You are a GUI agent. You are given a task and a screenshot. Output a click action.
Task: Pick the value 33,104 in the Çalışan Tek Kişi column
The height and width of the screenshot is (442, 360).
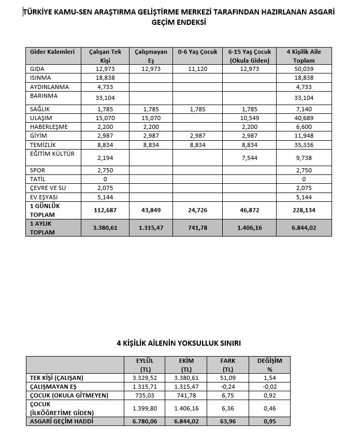tap(105, 98)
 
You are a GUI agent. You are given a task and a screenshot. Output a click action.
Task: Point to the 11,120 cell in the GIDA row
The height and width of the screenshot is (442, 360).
tap(197, 69)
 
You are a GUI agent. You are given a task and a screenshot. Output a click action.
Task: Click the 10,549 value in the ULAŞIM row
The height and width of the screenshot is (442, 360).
tap(250, 117)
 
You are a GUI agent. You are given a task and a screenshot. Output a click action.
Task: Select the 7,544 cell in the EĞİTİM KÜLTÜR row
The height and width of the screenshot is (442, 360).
tap(250, 158)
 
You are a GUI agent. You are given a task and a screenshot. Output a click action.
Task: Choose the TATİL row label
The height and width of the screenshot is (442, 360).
tap(39, 179)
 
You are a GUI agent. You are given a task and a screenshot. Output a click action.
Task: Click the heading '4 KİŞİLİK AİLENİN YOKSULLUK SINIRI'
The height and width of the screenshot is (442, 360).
tap(179, 343)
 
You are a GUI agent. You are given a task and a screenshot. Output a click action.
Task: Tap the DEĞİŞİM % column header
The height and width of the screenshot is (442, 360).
tap(269, 364)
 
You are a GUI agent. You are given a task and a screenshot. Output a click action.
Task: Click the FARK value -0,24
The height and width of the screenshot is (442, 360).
tap(228, 387)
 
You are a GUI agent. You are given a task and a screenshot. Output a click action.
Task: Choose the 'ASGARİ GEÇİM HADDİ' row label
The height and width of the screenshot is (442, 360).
tap(61, 421)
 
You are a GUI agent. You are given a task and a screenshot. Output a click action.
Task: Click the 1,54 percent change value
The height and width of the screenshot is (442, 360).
tap(269, 378)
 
